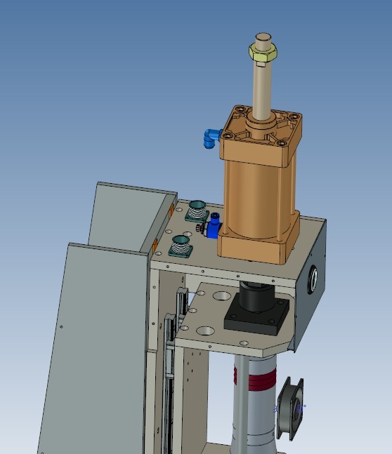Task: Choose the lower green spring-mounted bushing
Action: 182,246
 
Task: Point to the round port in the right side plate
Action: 313,278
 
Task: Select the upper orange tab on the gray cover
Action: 173,210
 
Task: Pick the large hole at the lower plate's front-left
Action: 206,329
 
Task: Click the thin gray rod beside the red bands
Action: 240,400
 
